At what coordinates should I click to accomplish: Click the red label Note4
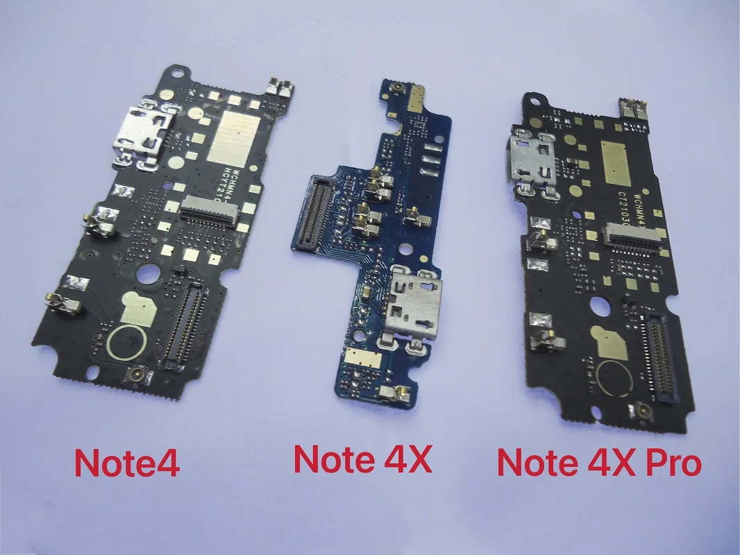pos(127,463)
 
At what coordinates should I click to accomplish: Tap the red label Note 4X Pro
pos(598,461)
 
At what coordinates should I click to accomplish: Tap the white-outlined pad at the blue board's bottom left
pos(361,358)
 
